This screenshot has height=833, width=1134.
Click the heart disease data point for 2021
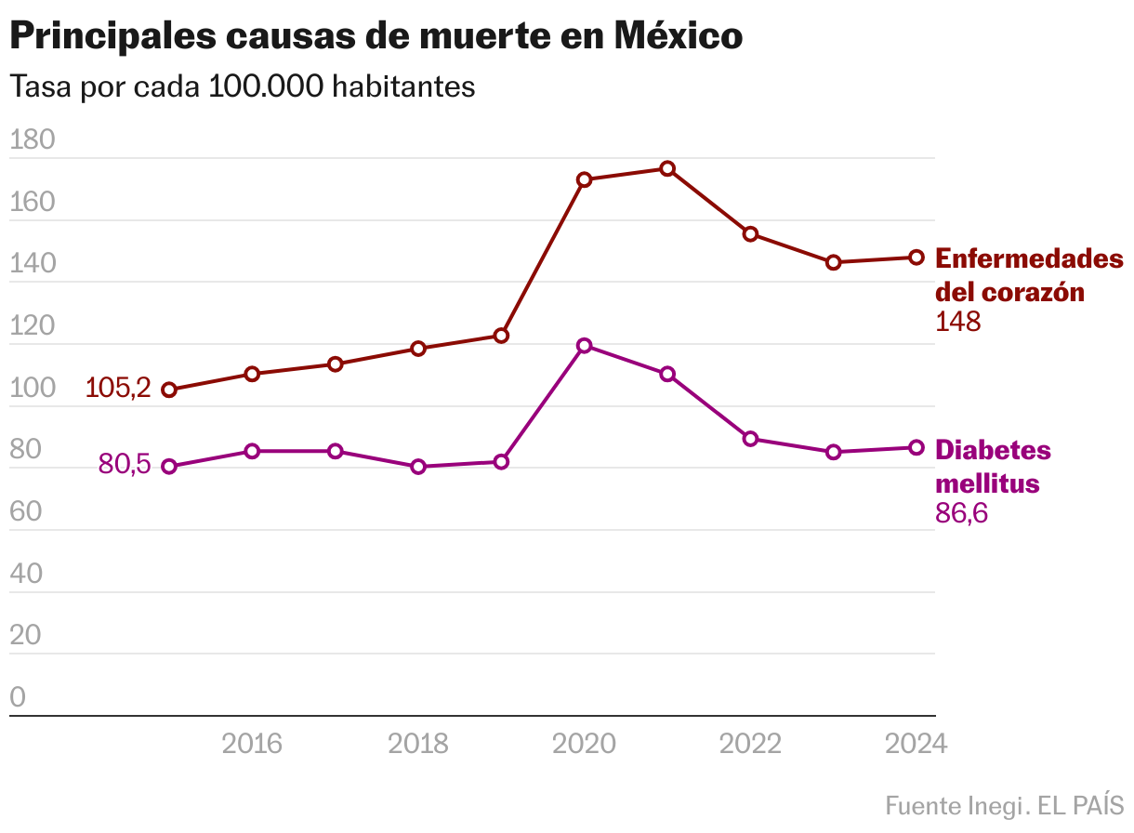(667, 168)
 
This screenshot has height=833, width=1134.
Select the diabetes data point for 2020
(584, 346)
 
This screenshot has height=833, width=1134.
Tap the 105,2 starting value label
(118, 388)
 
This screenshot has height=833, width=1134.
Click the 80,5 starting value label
(125, 464)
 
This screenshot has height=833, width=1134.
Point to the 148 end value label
(957, 322)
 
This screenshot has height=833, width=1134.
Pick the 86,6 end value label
(961, 512)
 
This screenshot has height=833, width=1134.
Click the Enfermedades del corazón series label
(1027, 274)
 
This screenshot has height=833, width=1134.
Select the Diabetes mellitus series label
(993, 467)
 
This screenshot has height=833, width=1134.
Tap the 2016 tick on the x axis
(252, 744)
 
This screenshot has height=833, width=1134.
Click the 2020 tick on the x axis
(584, 744)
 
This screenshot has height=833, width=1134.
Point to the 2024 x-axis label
(916, 744)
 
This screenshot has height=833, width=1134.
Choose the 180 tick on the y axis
(33, 140)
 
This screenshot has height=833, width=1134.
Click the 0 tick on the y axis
(18, 697)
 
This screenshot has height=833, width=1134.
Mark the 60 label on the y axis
(26, 512)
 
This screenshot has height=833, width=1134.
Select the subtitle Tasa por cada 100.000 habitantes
(242, 86)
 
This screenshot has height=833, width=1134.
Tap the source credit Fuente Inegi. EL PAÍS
(1004, 805)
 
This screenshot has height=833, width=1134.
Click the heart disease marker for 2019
(501, 336)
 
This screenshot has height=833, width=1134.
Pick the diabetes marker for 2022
(750, 439)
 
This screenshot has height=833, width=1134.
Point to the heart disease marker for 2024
(916, 258)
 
